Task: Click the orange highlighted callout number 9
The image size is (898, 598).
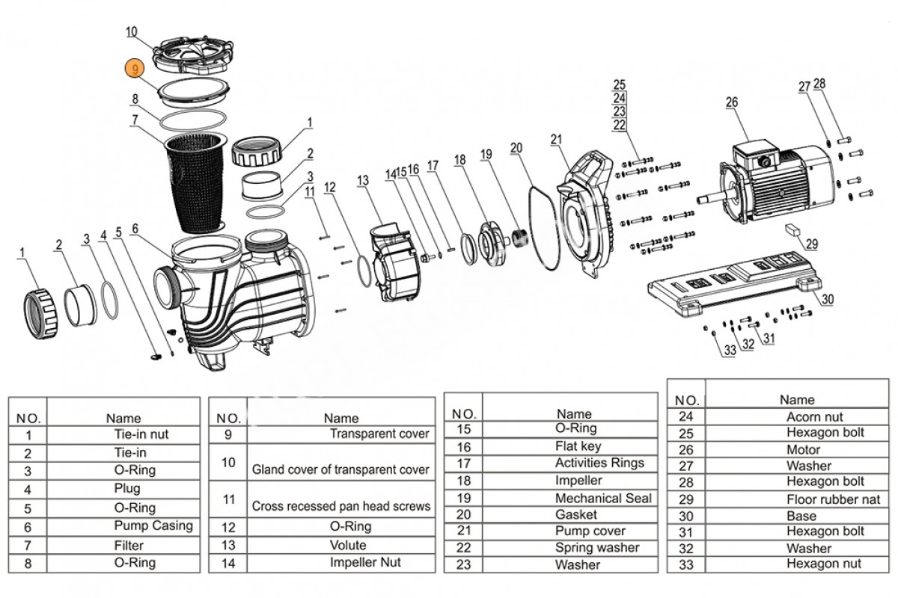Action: click(133, 68)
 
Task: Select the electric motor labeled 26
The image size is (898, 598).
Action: click(778, 179)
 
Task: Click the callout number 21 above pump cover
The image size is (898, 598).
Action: click(555, 139)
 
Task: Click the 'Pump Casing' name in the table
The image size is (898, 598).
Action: click(153, 525)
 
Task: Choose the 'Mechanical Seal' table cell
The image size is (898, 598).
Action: click(603, 498)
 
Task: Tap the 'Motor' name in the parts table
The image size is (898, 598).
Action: click(803, 450)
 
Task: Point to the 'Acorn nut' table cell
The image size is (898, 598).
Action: click(814, 417)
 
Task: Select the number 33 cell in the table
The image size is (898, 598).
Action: click(686, 564)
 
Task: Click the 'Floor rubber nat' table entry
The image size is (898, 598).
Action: click(833, 499)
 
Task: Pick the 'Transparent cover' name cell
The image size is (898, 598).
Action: click(379, 434)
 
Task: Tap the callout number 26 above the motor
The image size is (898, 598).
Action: click(731, 102)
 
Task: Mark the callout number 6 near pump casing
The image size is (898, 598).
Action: click(135, 229)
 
